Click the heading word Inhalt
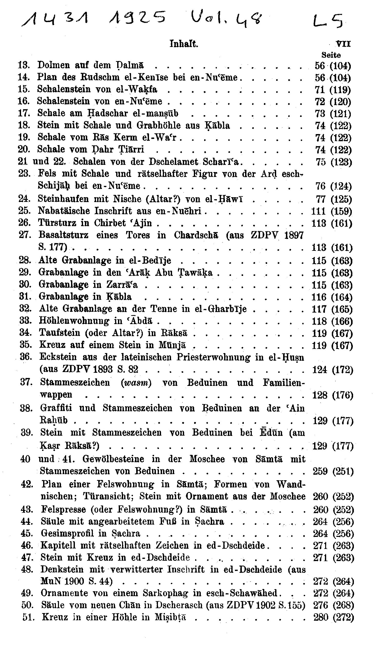coord(184,44)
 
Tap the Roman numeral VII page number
coord(343,44)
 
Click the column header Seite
coord(331,55)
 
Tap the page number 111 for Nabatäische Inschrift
coord(318,212)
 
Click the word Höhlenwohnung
coord(74,321)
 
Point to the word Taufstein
coord(60,333)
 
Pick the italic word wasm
coord(136,383)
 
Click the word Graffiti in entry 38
coord(55,408)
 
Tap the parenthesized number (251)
coord(343,472)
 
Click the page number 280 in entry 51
coord(321,617)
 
